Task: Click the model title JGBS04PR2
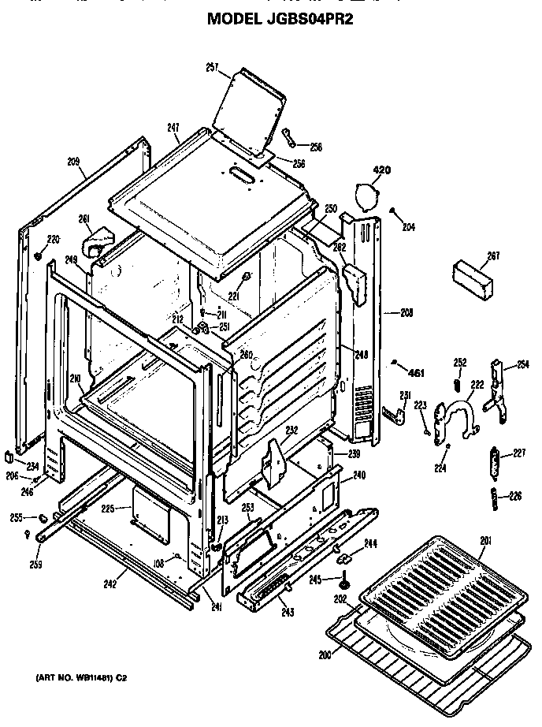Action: tap(280, 19)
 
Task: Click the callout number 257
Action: tap(212, 68)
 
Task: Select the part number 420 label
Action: tap(381, 170)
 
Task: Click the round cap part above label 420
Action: tap(365, 194)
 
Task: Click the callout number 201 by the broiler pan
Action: tap(485, 540)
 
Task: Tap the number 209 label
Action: tap(73, 162)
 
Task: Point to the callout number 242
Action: tap(110, 584)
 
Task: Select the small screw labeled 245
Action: tap(345, 584)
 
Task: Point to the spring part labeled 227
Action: tap(493, 463)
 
